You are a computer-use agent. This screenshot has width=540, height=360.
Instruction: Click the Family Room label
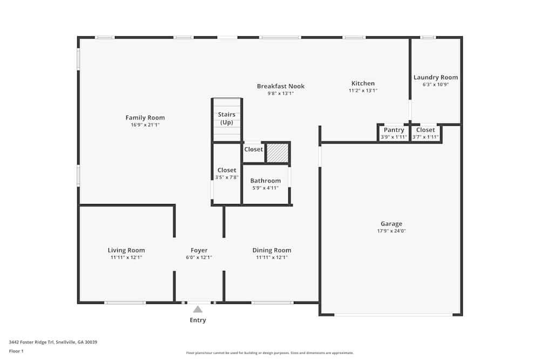pos(145,118)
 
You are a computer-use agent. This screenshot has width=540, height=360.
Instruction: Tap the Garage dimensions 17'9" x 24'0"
pos(391,231)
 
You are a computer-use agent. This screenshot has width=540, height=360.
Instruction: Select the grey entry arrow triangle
pos(198,309)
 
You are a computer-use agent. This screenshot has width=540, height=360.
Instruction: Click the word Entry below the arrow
pos(198,320)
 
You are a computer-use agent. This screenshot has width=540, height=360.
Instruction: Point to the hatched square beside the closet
pos(278,153)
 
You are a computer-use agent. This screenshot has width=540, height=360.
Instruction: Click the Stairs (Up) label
pos(227,118)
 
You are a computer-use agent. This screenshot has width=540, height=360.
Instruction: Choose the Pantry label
pos(394,130)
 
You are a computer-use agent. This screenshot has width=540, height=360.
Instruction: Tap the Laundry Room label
pos(436,77)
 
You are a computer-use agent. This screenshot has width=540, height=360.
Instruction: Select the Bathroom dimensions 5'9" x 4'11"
pos(265,188)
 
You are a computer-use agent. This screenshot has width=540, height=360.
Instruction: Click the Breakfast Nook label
pos(281,86)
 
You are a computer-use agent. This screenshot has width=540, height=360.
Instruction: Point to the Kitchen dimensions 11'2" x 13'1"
pos(363,91)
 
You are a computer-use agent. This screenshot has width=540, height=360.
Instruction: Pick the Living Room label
pos(126,250)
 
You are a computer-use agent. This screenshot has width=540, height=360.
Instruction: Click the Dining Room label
pos(272,250)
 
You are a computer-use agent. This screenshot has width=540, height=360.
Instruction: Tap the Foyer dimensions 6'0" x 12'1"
pos(199,257)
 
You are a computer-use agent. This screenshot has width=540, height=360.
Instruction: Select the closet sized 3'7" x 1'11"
pos(426,133)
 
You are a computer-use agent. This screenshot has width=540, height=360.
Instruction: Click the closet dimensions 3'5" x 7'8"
pos(227,178)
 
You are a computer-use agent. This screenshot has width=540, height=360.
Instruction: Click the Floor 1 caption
pos(16,351)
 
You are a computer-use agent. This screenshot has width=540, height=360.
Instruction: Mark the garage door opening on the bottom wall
pos(393,315)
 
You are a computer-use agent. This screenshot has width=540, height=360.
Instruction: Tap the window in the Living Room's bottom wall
pos(125,303)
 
